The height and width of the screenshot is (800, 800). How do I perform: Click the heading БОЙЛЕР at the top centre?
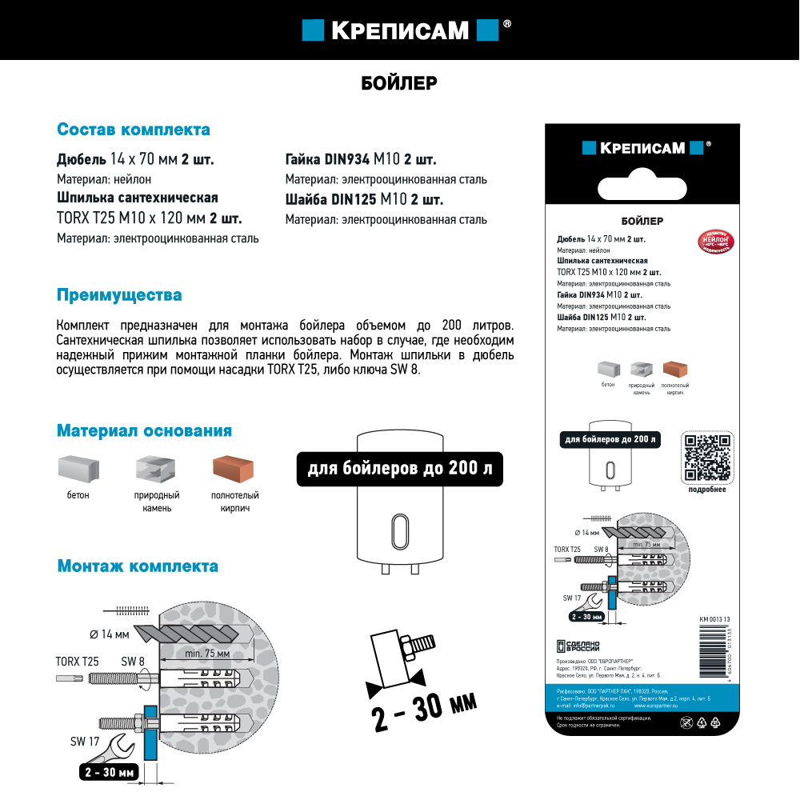click(398, 82)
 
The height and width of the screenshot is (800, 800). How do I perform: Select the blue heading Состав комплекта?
click(134, 130)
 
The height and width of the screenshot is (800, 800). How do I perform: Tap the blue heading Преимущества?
click(119, 295)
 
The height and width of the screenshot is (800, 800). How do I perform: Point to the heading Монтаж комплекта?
click(138, 566)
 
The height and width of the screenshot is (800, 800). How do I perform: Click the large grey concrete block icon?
click(78, 469)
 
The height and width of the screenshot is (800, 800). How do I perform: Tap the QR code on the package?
click(707, 458)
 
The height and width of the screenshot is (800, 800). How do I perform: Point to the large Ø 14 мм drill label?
click(110, 634)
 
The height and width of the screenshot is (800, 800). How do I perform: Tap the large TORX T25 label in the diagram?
click(77, 662)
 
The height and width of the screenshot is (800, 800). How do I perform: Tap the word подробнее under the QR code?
click(707, 490)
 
